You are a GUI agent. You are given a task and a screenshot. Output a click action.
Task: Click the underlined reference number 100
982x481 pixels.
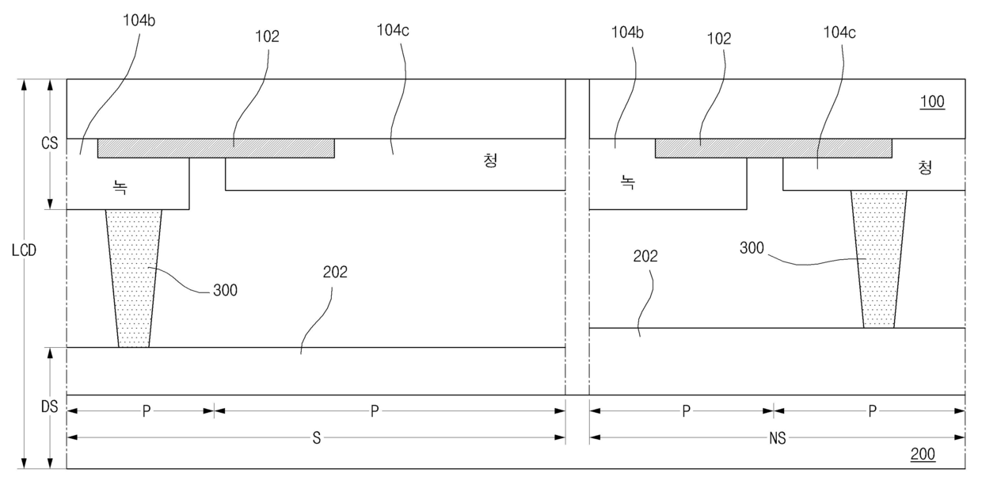tap(932, 101)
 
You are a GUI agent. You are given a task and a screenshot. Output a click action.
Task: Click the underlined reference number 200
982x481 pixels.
tap(923, 454)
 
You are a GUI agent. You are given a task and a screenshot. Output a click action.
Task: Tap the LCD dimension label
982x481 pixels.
tap(24, 250)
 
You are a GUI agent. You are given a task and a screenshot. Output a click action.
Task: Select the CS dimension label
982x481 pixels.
tap(50, 143)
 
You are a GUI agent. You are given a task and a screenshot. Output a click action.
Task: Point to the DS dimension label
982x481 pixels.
tap(50, 407)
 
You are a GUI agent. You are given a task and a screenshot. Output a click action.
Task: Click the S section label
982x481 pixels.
tap(317, 437)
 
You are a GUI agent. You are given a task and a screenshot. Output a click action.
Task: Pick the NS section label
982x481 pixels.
tap(777, 438)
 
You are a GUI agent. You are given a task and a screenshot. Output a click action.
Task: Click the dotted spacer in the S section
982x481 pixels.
tap(134, 278)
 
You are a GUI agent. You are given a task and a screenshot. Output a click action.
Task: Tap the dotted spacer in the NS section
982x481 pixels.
tap(879, 259)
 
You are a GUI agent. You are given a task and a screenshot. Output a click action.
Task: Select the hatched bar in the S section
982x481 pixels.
tap(216, 148)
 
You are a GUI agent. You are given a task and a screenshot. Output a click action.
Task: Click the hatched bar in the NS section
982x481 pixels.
tap(773, 148)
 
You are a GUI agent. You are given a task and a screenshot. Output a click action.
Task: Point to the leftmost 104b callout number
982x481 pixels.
tap(139, 21)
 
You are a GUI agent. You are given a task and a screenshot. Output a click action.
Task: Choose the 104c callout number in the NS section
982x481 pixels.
tap(839, 32)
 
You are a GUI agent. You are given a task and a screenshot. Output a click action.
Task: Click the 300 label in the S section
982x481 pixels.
tap(226, 290)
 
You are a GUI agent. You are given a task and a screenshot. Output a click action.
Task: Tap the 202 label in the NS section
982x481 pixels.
tap(645, 256)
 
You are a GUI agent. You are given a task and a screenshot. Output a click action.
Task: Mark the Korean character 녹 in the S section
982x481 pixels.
tap(120, 187)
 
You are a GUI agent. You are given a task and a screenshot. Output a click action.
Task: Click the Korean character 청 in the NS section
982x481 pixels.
tap(925, 167)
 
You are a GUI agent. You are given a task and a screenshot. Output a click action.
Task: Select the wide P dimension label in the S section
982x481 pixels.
tap(375, 411)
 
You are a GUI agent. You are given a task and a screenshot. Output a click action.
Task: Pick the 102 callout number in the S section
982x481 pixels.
tap(267, 36)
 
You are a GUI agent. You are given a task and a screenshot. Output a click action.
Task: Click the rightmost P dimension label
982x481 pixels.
tap(873, 411)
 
